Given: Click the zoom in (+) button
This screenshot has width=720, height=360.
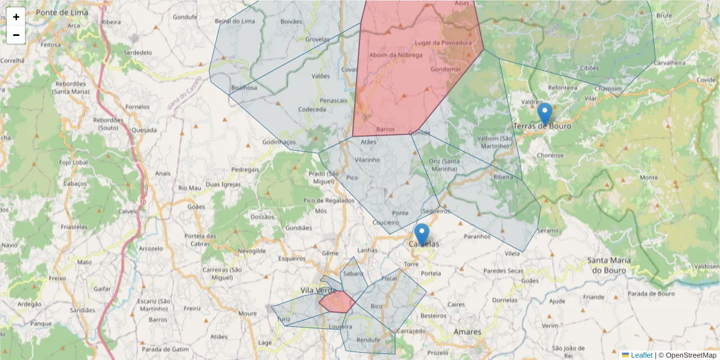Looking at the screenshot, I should click(x=16, y=17).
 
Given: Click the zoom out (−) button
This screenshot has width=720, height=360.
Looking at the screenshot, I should click(x=16, y=35).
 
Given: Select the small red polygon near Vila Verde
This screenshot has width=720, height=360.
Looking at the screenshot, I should click(x=337, y=302).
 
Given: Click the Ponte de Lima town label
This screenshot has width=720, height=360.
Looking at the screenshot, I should click(x=62, y=13).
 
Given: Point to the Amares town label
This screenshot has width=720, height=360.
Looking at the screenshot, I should click(x=467, y=332).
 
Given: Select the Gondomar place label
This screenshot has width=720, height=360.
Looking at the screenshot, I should click(x=446, y=69).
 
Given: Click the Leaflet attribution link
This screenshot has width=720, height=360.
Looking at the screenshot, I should click(x=641, y=355).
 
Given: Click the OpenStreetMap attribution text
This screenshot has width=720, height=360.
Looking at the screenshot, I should click(x=687, y=355).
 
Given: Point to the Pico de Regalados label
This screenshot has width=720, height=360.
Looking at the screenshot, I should click(x=329, y=200).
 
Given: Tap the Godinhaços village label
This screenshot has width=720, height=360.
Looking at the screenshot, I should click(x=280, y=142).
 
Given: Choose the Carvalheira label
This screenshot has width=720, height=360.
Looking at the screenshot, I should click(x=670, y=62).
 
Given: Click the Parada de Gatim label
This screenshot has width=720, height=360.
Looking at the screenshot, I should click(x=165, y=349).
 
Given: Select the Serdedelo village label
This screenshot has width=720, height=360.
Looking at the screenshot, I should click(x=137, y=52).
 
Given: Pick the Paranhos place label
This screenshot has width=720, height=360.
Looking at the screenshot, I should click(x=477, y=236).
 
